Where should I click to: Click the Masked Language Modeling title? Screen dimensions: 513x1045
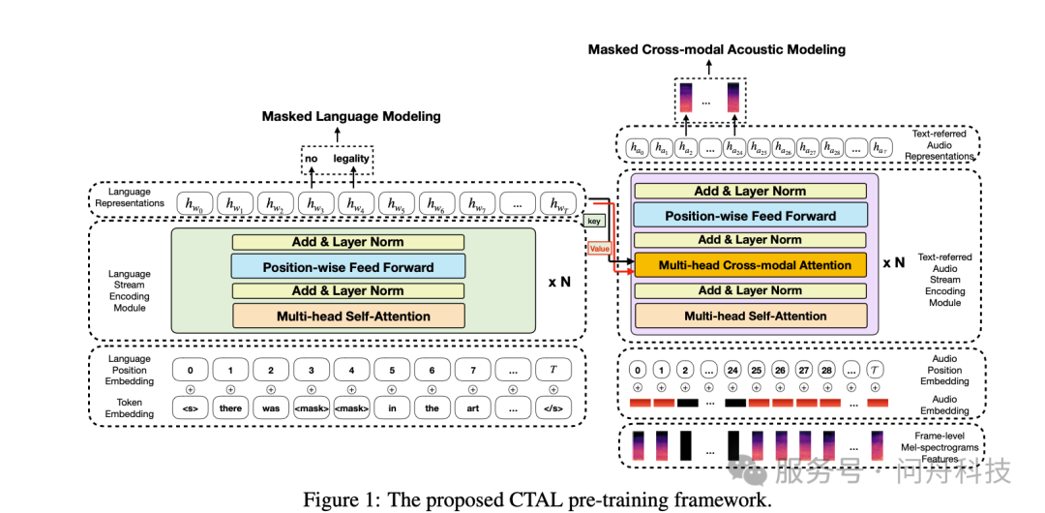[x=351, y=116]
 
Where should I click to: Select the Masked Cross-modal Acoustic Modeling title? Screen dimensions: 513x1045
[x=717, y=49]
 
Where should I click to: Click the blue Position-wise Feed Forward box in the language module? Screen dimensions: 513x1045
[x=348, y=266]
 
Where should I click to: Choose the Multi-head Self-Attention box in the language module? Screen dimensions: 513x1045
[x=348, y=316]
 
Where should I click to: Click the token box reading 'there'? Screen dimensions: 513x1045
[x=230, y=408]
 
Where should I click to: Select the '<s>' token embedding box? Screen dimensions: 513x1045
[x=191, y=408]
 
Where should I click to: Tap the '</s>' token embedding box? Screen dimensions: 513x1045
[x=553, y=408]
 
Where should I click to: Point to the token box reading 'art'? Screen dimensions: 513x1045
[x=472, y=408]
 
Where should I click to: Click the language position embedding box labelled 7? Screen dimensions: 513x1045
[x=472, y=370]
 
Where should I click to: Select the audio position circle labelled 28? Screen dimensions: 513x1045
[x=826, y=370]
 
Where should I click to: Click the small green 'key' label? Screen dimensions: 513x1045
[x=594, y=222]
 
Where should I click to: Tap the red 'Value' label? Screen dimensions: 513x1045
[x=599, y=249]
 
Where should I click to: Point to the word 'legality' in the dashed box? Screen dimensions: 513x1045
[x=351, y=158]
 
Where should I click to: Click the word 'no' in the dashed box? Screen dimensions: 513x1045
[x=312, y=158]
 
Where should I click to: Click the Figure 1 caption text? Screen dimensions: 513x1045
[x=537, y=499]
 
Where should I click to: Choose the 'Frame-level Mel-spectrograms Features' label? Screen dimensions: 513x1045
[x=945, y=447]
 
